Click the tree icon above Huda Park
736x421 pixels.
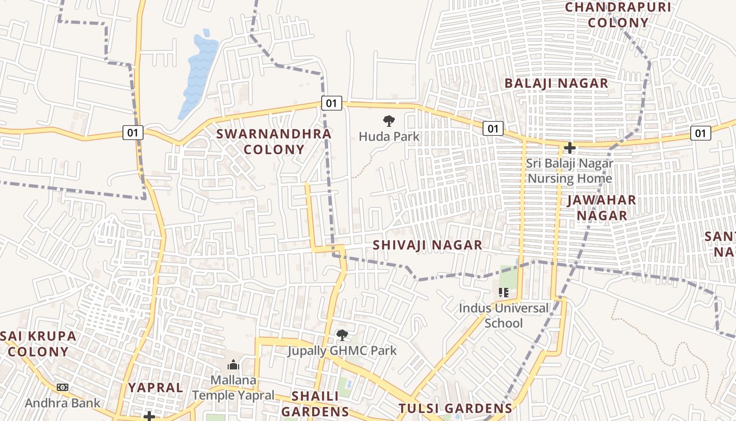(389, 122)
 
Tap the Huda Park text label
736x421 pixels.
(389, 137)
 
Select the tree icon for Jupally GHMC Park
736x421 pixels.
(342, 335)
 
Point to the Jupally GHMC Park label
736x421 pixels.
(342, 350)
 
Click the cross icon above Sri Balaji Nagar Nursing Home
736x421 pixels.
(569, 148)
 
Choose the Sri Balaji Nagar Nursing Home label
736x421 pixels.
(570, 171)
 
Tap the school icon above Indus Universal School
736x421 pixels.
(504, 292)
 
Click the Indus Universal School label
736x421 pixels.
(504, 315)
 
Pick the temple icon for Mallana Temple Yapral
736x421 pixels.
(233, 365)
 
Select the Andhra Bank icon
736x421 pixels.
(63, 387)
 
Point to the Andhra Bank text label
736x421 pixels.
(63, 403)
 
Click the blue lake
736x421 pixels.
(199, 74)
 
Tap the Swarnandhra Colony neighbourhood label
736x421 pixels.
(274, 142)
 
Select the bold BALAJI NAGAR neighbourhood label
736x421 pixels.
(556, 83)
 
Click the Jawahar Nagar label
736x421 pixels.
(602, 208)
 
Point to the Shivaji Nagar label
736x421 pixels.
(427, 245)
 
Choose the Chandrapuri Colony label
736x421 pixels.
(618, 15)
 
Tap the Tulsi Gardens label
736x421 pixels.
(455, 408)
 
